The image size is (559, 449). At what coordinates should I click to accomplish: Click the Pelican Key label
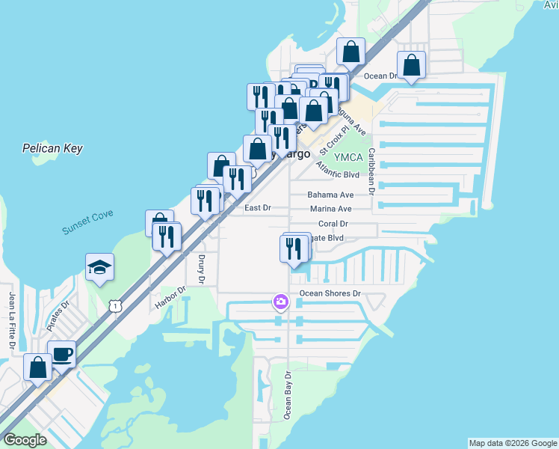(52, 148)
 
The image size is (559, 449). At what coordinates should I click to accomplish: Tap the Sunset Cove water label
(87, 222)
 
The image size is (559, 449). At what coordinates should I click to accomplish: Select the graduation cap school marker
(99, 267)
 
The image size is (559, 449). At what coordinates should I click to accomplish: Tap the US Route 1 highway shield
(114, 305)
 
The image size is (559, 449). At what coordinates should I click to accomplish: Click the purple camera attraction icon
(281, 302)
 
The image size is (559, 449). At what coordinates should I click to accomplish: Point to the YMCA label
(348, 157)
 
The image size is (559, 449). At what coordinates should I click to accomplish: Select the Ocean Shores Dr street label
(330, 294)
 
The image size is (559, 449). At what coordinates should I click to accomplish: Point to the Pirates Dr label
(58, 316)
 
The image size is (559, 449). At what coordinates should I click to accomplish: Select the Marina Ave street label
(330, 209)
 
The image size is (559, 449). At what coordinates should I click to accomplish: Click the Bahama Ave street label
(330, 195)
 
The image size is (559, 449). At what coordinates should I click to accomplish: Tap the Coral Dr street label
(333, 223)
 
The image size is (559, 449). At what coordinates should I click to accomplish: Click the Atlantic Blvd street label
(338, 171)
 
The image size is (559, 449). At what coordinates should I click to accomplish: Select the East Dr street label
(258, 208)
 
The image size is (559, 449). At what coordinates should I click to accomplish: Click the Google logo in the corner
(25, 440)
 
